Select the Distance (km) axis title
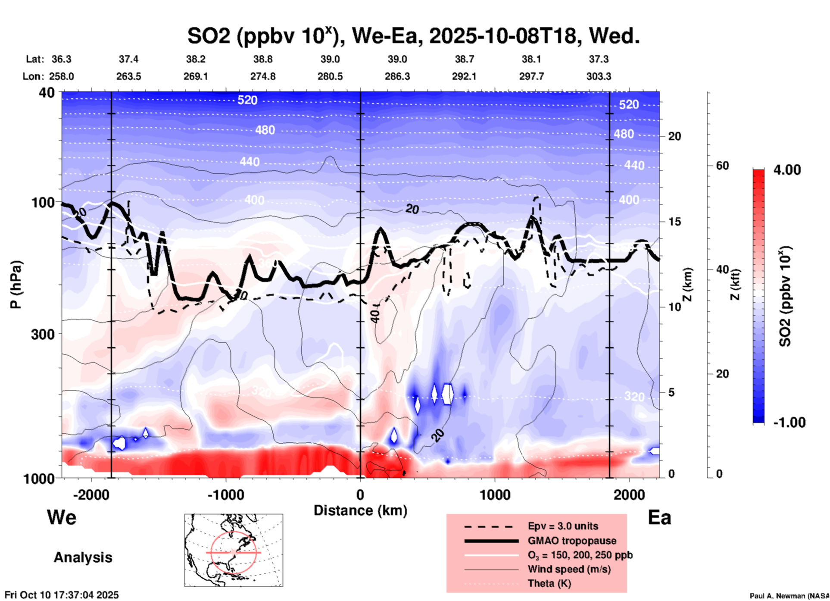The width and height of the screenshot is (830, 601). point(360,510)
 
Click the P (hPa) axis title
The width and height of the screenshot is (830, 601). point(16,285)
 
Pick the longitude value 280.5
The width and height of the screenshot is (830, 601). point(330,76)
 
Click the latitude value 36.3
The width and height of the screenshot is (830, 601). point(61,59)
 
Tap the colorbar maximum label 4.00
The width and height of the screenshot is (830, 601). point(787,170)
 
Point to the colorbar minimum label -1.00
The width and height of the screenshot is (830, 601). point(789,423)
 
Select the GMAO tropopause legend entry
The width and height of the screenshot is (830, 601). point(572,541)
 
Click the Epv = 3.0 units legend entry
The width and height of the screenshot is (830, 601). point(563,526)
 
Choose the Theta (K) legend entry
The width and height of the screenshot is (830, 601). point(549,583)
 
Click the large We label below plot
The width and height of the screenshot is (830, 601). point(62,517)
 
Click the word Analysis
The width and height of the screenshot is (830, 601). point(83,557)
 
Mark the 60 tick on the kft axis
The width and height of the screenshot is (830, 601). point(722,166)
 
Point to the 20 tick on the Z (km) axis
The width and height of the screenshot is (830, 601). point(674,136)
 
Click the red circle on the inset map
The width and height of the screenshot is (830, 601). point(233,552)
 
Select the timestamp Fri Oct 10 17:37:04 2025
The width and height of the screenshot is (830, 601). point(62,595)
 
